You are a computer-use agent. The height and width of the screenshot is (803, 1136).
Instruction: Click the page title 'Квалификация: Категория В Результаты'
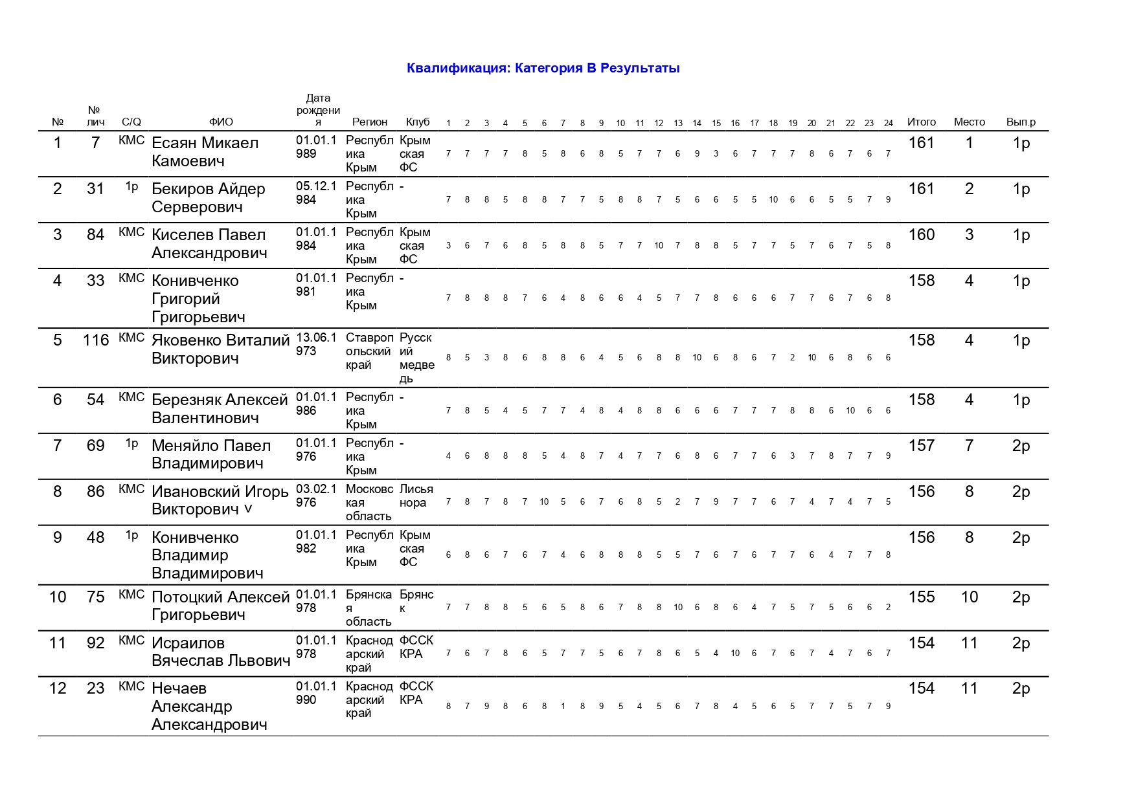click(x=543, y=68)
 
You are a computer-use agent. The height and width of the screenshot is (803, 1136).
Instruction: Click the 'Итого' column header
click(x=921, y=122)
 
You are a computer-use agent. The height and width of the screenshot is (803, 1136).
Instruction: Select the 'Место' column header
click(x=969, y=122)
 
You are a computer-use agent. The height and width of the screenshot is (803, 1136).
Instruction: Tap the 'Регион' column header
click(x=369, y=122)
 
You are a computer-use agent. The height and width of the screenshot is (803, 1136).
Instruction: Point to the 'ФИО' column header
click(x=221, y=122)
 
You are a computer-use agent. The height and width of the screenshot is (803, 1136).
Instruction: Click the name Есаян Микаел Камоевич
click(x=205, y=152)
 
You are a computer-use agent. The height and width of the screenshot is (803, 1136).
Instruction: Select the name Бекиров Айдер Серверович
click(x=208, y=198)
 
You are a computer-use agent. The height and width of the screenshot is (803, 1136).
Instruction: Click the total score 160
click(x=921, y=235)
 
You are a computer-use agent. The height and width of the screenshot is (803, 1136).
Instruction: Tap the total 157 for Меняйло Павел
click(x=921, y=446)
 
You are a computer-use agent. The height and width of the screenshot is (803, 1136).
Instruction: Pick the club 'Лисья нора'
click(x=416, y=496)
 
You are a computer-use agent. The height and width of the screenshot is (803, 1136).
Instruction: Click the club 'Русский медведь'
click(x=416, y=358)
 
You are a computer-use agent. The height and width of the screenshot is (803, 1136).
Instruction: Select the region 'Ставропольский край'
click(x=369, y=351)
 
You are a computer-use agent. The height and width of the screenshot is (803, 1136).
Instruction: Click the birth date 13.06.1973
click(x=316, y=344)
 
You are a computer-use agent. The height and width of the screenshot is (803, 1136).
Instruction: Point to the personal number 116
click(x=96, y=340)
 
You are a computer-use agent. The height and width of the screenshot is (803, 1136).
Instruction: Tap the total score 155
click(x=921, y=597)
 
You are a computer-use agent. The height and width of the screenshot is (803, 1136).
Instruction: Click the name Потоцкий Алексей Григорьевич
click(x=220, y=606)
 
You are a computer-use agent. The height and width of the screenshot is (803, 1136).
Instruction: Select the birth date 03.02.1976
click(x=316, y=496)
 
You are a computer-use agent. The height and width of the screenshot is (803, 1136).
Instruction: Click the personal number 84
click(x=96, y=235)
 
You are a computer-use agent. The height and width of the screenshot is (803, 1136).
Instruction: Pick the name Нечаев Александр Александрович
click(x=209, y=707)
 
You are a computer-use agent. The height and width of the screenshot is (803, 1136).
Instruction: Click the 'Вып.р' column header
click(x=1021, y=122)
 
